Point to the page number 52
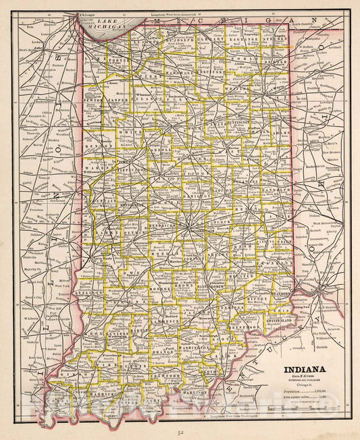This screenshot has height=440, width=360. [180, 432]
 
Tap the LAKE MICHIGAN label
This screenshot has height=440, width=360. [109, 24]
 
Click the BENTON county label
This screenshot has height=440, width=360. [99, 144]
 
